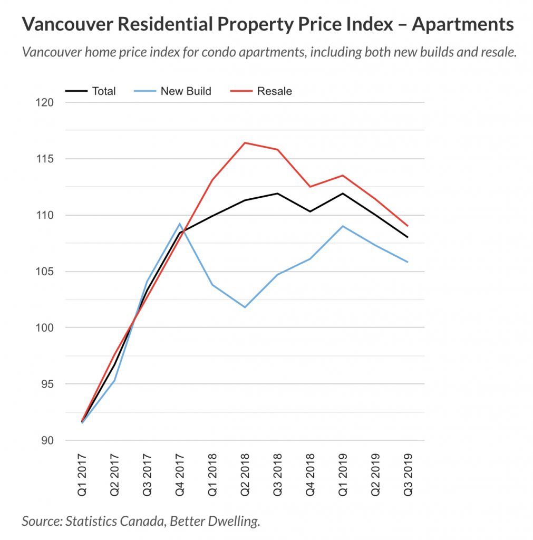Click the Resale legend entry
pyautogui.click(x=274, y=91)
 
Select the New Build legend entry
pyautogui.click(x=186, y=91)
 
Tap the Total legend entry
pyautogui.click(x=104, y=91)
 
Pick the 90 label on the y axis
pyautogui.click(x=49, y=440)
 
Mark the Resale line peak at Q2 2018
pyautogui.click(x=245, y=142)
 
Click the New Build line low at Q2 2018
pyautogui.click(x=245, y=307)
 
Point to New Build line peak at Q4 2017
pyautogui.click(x=180, y=224)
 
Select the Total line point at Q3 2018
pyautogui.click(x=278, y=194)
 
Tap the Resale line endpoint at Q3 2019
pyautogui.click(x=408, y=226)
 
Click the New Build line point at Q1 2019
pyautogui.click(x=343, y=226)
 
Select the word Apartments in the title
pyautogui.click(x=462, y=24)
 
